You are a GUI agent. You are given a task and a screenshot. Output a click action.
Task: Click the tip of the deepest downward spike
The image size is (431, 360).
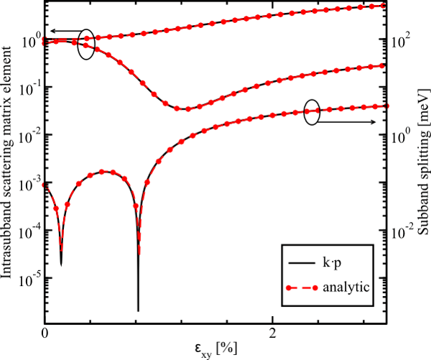click(x=138, y=310)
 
